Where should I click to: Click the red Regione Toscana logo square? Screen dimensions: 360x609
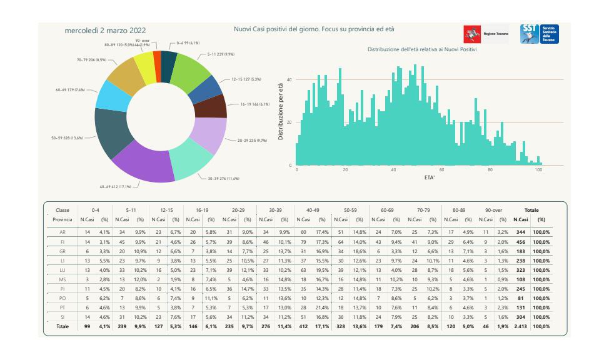[471, 34]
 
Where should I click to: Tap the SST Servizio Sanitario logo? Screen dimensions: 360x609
[540, 34]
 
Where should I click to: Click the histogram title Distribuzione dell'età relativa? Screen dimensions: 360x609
[421, 49]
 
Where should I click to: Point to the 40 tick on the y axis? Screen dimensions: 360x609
[289, 80]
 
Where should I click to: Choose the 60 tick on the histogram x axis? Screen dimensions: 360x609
[442, 170]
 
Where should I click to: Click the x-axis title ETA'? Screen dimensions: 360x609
[430, 177]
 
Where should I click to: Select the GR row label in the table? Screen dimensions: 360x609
[63, 251]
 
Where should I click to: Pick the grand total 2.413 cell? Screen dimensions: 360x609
[520, 326]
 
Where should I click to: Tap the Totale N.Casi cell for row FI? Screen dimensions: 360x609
[520, 241]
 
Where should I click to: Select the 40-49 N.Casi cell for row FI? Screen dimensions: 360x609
[303, 241]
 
